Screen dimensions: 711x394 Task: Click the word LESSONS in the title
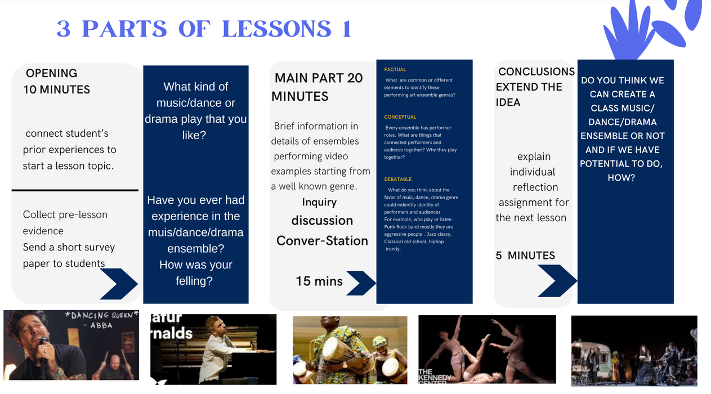277,29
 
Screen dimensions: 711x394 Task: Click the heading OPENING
51,73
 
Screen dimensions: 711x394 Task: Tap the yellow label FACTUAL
395,70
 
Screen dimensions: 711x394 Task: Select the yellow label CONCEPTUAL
400,117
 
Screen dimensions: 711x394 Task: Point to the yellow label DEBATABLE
397,179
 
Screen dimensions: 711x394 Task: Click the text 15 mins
319,281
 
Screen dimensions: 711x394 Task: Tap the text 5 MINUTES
525,256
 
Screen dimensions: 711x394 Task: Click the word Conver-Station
322,241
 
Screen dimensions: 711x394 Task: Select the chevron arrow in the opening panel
119,284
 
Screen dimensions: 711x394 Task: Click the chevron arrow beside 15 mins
361,283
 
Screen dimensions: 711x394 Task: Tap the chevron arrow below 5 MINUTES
558,281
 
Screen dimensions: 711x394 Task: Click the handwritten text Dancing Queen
102,315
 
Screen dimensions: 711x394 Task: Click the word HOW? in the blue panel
621,177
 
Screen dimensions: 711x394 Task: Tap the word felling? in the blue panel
194,281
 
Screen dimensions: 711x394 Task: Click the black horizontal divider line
75,190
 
